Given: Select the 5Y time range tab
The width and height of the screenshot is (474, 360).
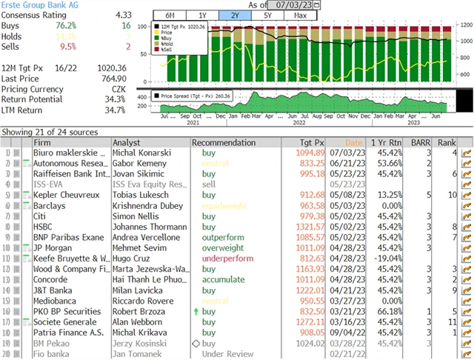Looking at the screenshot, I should (268, 15).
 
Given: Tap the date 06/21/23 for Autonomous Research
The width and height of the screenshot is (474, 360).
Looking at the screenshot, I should (347, 163).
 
